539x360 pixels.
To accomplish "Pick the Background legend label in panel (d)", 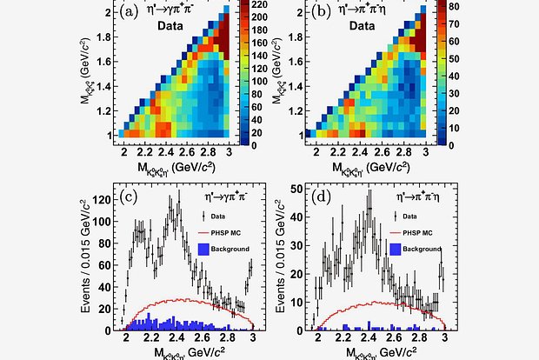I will [417, 249].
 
